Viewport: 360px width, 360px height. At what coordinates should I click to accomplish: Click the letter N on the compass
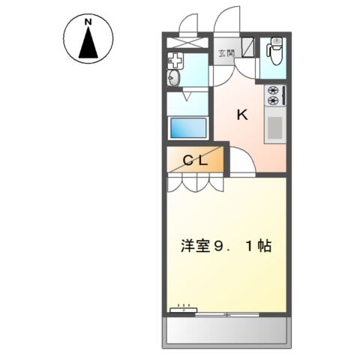(x=88, y=22)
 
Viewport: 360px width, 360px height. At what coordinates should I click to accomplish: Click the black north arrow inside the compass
(x=88, y=45)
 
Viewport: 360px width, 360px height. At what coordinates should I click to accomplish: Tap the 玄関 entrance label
(x=226, y=52)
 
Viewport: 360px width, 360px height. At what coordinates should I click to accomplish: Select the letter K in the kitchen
(x=242, y=115)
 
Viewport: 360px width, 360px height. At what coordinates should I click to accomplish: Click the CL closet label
(x=196, y=159)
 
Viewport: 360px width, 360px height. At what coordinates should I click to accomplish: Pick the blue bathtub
(x=187, y=127)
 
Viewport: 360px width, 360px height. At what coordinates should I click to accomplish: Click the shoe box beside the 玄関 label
(x=250, y=48)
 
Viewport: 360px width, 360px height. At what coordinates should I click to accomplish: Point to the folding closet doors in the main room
(x=195, y=182)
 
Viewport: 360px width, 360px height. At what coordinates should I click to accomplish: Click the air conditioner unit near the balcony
(x=184, y=309)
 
